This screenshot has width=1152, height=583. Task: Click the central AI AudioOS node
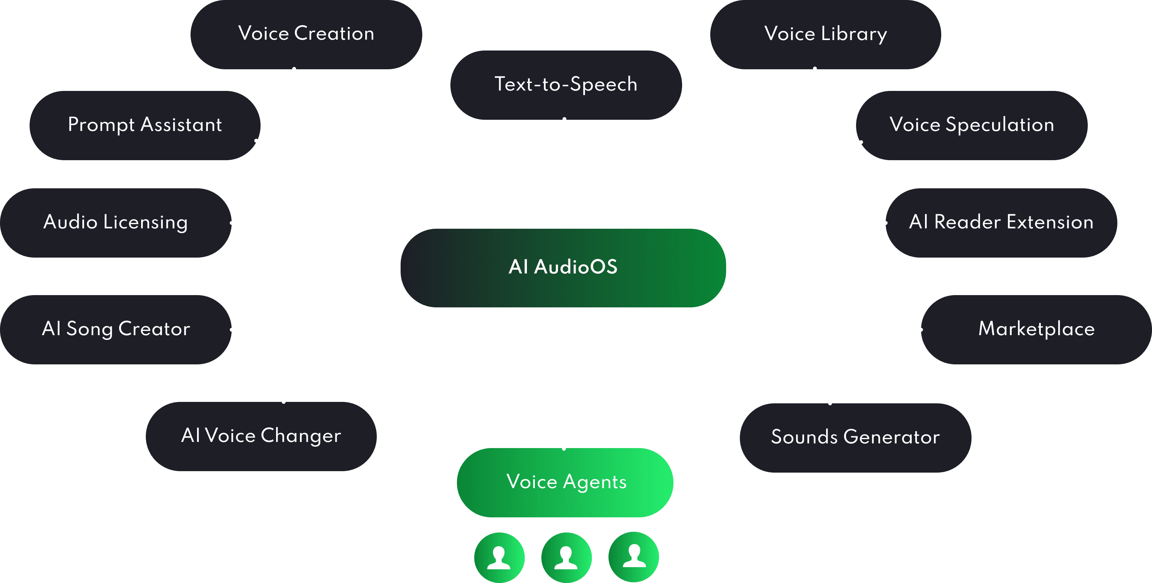tap(563, 267)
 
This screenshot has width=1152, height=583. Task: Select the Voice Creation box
tap(306, 34)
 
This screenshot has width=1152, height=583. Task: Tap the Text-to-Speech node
tap(566, 84)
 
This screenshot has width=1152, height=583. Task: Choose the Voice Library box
tap(825, 34)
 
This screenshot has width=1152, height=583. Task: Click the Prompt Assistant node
tap(145, 125)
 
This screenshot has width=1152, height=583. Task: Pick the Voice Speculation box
tap(971, 125)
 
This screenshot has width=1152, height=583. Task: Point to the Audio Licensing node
tap(116, 222)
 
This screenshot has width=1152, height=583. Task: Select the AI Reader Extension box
tap(1001, 222)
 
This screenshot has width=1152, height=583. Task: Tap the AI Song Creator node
tap(116, 329)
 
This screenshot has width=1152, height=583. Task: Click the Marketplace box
tap(1036, 329)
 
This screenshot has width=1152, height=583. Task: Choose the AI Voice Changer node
tap(261, 436)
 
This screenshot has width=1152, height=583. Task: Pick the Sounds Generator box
tap(855, 437)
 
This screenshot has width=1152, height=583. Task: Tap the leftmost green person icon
tap(499, 557)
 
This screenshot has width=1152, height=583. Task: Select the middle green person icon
tap(566, 557)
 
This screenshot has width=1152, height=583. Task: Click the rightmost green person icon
tap(634, 557)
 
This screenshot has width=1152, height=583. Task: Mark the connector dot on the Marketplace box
tap(921, 329)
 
